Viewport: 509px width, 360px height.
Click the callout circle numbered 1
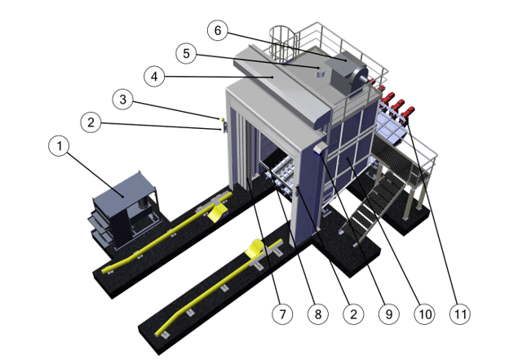pyautogui.click(x=59, y=146)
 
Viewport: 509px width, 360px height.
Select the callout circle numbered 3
pyautogui.click(x=123, y=100)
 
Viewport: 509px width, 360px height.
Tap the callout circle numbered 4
pyautogui.click(x=154, y=77)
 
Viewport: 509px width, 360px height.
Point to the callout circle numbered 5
pyautogui.click(x=186, y=53)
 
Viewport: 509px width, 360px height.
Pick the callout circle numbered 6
pyautogui.click(x=218, y=30)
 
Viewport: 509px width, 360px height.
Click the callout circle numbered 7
pyautogui.click(x=282, y=313)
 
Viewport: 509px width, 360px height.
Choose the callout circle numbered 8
pyautogui.click(x=318, y=313)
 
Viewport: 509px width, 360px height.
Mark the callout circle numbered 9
pyautogui.click(x=389, y=313)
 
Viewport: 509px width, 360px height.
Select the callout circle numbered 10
pyautogui.click(x=425, y=313)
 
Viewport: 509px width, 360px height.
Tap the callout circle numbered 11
pyautogui.click(x=460, y=313)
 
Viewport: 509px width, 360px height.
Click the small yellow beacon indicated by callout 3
pyautogui.click(x=223, y=119)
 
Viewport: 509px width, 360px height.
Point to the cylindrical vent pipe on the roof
pyautogui.click(x=321, y=71)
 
